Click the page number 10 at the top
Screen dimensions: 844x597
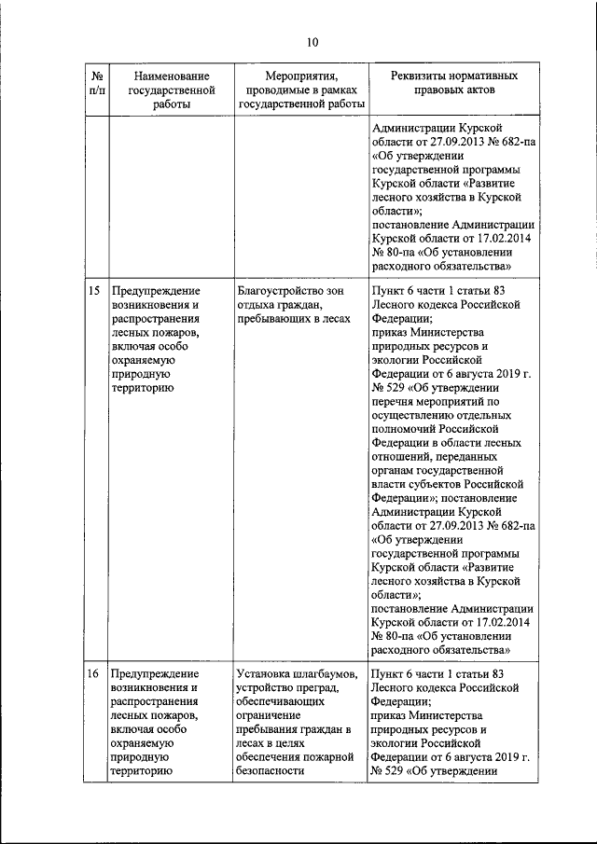[x=312, y=41]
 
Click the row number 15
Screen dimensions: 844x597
[x=94, y=292]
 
